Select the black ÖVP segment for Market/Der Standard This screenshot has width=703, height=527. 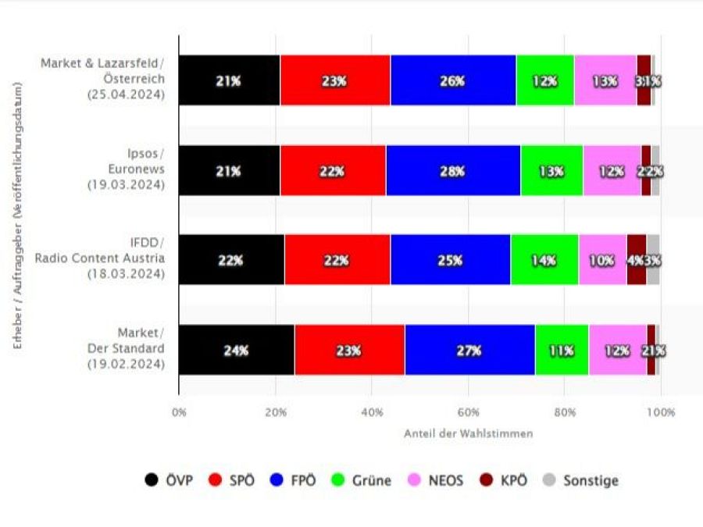click(x=236, y=351)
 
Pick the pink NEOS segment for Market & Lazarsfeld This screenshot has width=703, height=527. click(x=605, y=80)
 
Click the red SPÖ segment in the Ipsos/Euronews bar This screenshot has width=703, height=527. click(x=332, y=170)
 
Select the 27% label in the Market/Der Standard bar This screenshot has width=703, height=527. click(x=469, y=351)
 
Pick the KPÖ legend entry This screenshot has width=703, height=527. click(x=505, y=480)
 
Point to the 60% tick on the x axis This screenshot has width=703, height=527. click(x=468, y=411)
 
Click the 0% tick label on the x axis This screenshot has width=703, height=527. click(x=179, y=411)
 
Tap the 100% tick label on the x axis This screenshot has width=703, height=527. click(x=660, y=411)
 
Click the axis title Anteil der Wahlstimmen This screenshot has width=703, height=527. click(x=469, y=433)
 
